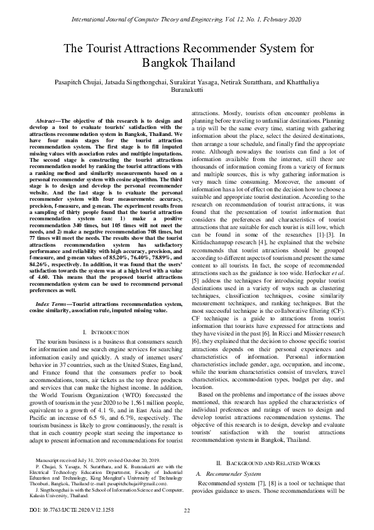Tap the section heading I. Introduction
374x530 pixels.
(x=105, y=331)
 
